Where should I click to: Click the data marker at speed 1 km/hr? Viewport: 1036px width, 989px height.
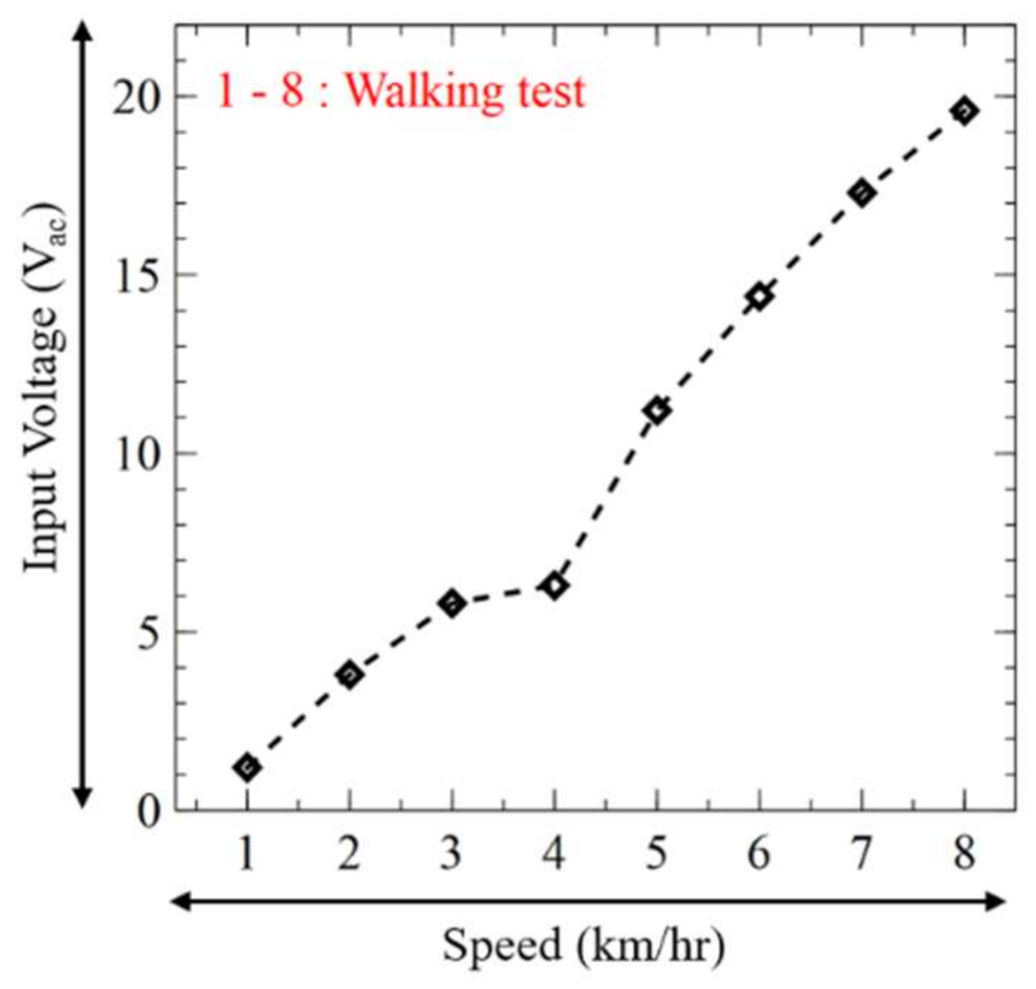tap(247, 767)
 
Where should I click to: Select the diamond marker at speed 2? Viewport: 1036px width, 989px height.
tap(349, 674)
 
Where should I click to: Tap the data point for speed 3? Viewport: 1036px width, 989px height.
tap(451, 602)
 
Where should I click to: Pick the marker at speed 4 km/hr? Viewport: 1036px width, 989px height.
tap(554, 586)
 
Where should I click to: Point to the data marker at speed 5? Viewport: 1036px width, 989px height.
tap(656, 410)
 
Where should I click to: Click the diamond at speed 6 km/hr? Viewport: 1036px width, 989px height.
tap(759, 296)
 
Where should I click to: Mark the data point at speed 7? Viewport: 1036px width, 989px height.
tap(861, 193)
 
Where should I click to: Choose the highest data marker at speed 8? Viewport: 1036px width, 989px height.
tap(964, 110)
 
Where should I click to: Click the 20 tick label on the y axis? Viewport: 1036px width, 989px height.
tap(137, 96)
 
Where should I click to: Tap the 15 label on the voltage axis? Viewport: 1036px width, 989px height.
tap(137, 275)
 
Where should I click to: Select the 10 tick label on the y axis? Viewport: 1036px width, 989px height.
tap(137, 454)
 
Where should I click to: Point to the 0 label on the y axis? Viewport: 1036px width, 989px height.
tap(149, 812)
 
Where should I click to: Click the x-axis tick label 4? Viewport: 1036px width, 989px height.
tap(554, 854)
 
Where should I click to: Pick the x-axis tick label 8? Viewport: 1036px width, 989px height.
tap(964, 854)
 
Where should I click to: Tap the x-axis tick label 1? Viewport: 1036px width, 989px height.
tap(247, 854)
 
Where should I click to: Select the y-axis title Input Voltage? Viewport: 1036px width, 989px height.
tap(43, 391)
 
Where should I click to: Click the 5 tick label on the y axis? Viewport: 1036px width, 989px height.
tap(149, 633)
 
